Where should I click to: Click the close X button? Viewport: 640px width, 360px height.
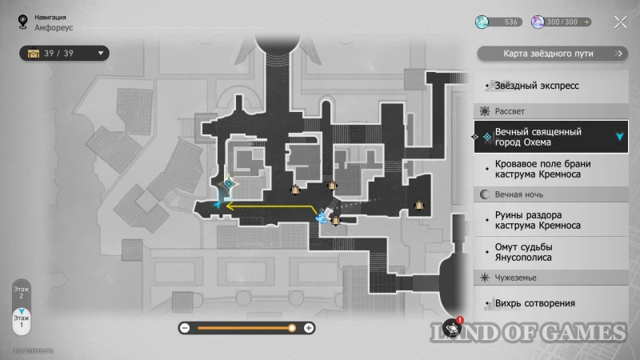click(620, 22)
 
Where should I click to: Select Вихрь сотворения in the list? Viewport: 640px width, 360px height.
click(535, 303)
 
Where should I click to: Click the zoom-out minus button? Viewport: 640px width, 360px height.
click(185, 328)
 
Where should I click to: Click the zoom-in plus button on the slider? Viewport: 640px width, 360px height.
click(309, 328)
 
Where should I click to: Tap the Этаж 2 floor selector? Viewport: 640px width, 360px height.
click(22, 291)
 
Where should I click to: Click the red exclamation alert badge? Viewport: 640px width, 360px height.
click(460, 320)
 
